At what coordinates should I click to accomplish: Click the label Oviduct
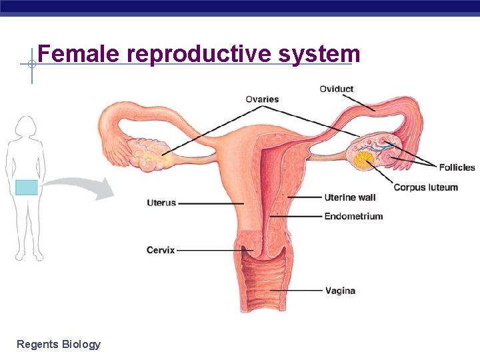tap(336, 89)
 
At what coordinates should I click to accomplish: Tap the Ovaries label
tap(262, 99)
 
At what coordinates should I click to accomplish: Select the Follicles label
tap(457, 167)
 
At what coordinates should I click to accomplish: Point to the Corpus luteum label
tap(425, 187)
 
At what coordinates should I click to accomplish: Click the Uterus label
tap(161, 203)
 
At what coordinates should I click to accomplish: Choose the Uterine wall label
tap(349, 197)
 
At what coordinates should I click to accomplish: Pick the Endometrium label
tap(353, 216)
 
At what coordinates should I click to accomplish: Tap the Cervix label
tap(161, 250)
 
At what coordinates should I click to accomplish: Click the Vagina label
tap(340, 291)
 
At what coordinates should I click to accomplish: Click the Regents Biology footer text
tap(59, 344)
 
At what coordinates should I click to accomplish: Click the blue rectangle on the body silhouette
tap(27, 187)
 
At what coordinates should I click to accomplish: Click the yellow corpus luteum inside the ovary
tap(364, 160)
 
